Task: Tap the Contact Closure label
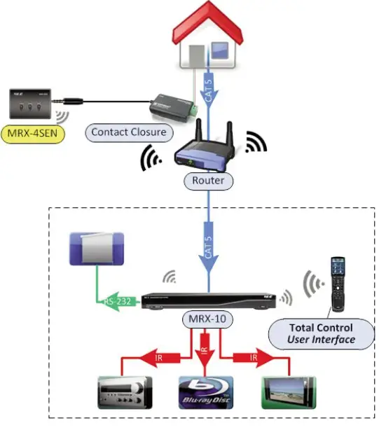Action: [x=128, y=131]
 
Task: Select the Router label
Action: [x=209, y=181]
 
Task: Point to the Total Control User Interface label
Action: [x=321, y=333]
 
